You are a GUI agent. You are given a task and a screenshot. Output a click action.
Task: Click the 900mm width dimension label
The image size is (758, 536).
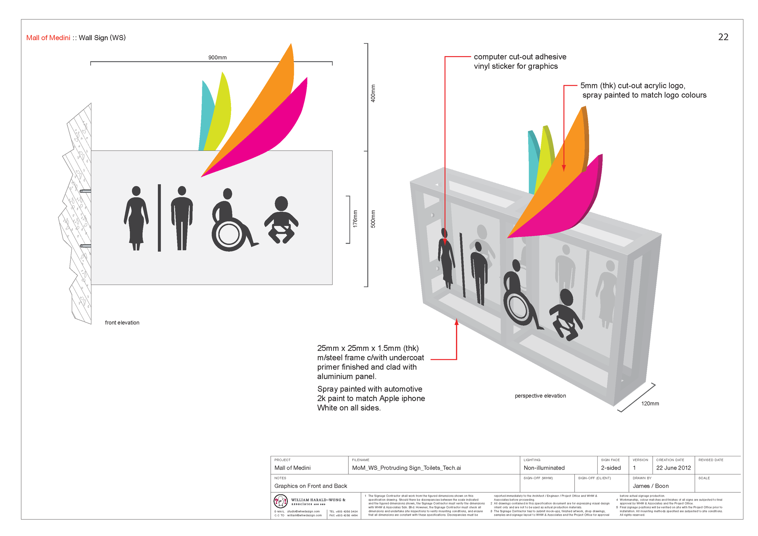click(217, 57)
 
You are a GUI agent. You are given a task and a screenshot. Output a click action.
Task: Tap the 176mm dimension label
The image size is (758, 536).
click(355, 219)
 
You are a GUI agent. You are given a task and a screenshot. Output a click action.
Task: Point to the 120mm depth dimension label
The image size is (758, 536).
click(650, 403)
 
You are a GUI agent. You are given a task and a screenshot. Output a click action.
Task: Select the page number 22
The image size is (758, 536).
click(723, 37)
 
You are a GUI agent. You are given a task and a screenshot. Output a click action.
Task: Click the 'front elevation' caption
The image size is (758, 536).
click(122, 323)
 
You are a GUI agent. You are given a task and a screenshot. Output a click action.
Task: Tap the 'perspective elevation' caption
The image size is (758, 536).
click(540, 396)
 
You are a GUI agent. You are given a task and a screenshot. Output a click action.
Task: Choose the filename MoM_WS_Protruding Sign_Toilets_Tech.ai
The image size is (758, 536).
click(406, 468)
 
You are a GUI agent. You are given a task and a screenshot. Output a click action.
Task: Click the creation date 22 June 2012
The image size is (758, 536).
click(673, 468)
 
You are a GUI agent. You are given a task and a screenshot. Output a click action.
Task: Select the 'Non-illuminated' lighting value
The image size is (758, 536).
click(544, 468)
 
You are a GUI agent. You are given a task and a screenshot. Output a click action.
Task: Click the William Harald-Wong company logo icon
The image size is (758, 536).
click(280, 501)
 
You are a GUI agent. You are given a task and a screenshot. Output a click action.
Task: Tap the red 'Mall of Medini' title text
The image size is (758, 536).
click(48, 38)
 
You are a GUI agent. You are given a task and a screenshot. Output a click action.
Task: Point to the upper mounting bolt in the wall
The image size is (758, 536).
click(85, 191)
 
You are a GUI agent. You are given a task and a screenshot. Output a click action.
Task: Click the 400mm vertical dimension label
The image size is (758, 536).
click(373, 93)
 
